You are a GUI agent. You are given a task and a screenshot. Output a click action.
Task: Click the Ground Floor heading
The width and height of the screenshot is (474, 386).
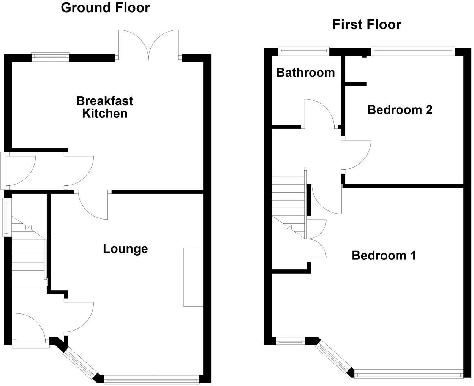(105, 7)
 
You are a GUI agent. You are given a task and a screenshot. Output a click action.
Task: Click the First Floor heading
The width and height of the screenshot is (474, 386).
(367, 24)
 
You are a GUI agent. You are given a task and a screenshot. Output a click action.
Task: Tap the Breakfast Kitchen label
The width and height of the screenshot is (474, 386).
(104, 107)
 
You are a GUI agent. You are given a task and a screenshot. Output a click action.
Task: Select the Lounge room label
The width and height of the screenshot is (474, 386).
(125, 249)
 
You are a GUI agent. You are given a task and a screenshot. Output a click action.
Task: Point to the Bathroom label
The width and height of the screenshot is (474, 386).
(305, 72)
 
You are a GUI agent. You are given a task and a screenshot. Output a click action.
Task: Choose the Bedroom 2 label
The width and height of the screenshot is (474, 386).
(400, 110)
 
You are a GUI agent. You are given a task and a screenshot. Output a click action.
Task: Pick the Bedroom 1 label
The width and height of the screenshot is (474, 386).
(384, 255)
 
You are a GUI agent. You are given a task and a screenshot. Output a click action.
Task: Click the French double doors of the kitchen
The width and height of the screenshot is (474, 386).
(149, 44)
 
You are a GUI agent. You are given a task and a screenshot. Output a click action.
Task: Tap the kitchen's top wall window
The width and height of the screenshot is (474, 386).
(50, 57)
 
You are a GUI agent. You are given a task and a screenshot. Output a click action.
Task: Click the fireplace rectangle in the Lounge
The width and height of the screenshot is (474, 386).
(193, 277)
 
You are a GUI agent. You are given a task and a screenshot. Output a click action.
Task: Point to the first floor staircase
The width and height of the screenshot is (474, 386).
(289, 201)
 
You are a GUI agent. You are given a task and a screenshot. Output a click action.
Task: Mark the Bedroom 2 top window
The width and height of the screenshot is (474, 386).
(412, 49)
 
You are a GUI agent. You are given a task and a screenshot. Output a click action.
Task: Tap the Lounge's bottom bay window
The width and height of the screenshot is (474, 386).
(152, 379)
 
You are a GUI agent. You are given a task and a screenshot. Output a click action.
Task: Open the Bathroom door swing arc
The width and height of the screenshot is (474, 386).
(319, 112)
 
